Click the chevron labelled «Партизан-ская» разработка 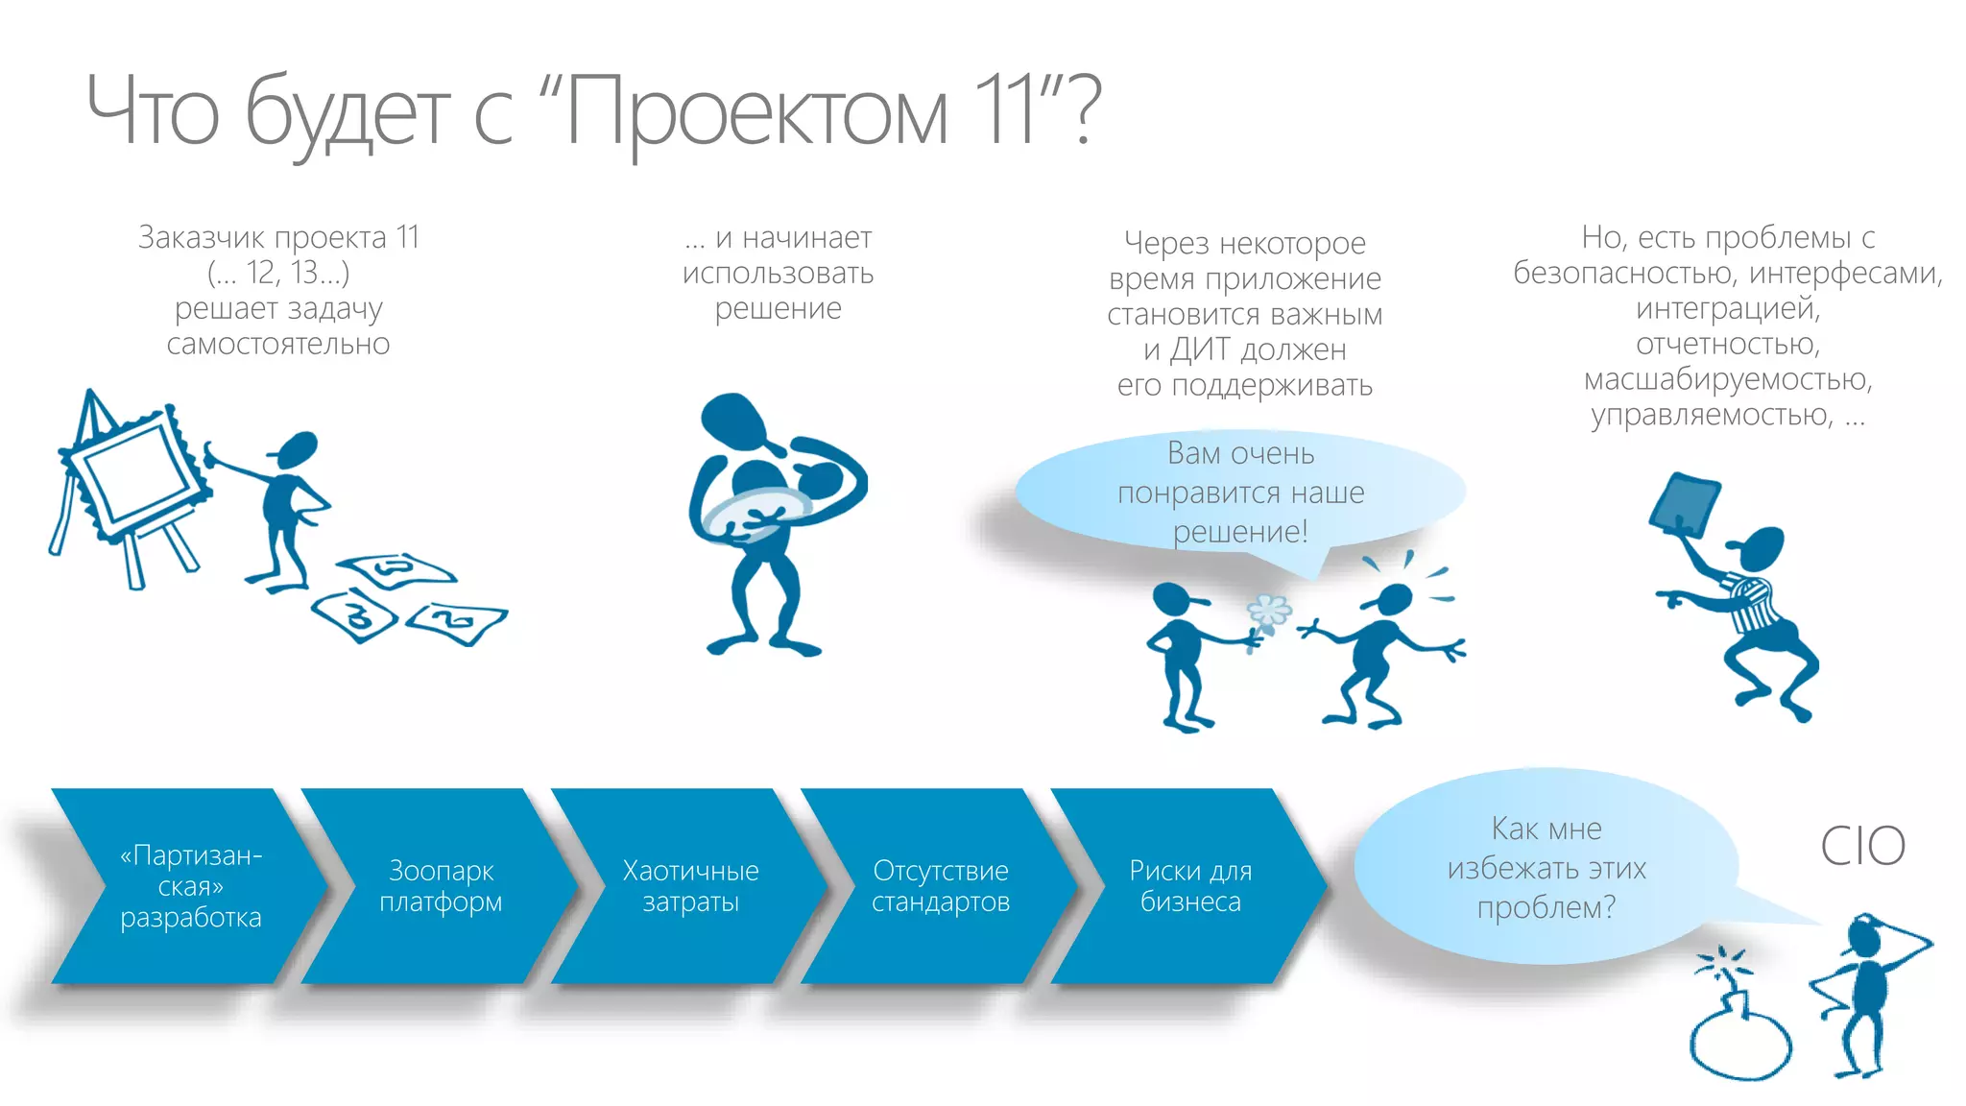[190, 886]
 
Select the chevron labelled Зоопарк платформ [441, 886]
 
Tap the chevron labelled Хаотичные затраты [690, 886]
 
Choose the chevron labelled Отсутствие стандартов [941, 886]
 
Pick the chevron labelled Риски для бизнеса [1190, 886]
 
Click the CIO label [1862, 846]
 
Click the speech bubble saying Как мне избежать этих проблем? [1546, 867]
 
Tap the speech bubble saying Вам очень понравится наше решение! [1240, 492]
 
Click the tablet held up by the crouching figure [1685, 504]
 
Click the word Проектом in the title [755, 113]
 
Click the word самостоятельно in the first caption [278, 344]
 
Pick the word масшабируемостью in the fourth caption [1727, 379]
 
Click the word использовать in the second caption [778, 274]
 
